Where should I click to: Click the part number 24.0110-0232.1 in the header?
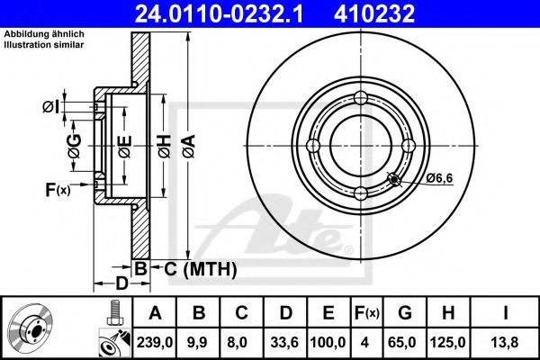point(219,13)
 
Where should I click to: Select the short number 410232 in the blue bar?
point(374,13)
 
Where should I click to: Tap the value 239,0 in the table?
point(155,342)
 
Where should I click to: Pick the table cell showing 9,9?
point(198,342)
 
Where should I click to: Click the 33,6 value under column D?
point(284,342)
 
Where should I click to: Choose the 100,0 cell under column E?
point(328,342)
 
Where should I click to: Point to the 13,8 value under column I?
point(505,342)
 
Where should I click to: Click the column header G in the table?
point(405,313)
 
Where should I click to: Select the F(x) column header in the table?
point(367,313)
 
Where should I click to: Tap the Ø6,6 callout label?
point(439,178)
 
